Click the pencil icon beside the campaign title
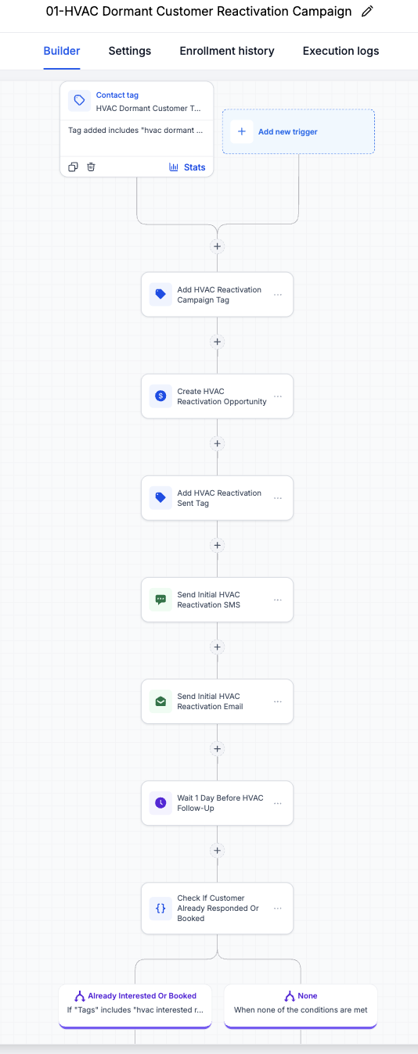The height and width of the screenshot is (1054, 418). [367, 11]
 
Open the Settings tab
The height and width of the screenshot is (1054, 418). [130, 51]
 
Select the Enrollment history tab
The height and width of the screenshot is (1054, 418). [227, 51]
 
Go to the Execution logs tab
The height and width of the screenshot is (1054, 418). [341, 51]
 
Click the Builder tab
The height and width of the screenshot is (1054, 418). [62, 51]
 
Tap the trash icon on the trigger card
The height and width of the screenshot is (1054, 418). [91, 167]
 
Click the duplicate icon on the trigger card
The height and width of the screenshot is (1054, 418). [73, 167]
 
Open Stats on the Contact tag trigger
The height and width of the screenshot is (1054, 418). [187, 167]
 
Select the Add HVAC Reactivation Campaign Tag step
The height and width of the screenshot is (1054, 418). [218, 295]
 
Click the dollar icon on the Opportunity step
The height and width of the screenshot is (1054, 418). [160, 396]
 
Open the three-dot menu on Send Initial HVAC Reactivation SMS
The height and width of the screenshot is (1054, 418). [278, 600]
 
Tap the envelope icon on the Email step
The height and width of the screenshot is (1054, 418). [160, 701]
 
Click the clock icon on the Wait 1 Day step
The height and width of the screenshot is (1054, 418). [160, 803]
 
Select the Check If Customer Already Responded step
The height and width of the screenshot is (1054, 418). [218, 908]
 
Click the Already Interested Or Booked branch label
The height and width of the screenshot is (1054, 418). [142, 995]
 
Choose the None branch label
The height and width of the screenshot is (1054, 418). [308, 995]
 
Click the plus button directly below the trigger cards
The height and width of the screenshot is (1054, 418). [218, 246]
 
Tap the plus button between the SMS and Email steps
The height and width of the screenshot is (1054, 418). [218, 647]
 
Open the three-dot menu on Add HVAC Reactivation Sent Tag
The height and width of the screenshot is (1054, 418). [278, 498]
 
